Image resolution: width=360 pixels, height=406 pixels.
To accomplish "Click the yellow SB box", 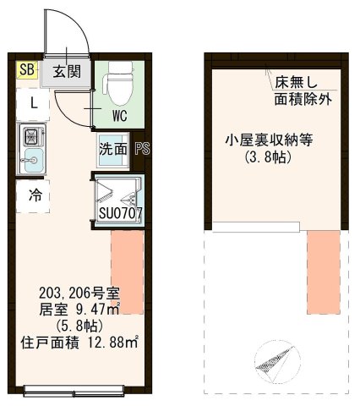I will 26,70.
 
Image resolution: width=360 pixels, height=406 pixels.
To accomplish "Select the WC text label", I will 117,116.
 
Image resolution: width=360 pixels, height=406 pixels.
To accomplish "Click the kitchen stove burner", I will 33,135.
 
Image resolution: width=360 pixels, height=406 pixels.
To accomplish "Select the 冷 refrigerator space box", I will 33,195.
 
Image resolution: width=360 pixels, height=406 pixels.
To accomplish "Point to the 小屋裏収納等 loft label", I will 269,141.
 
